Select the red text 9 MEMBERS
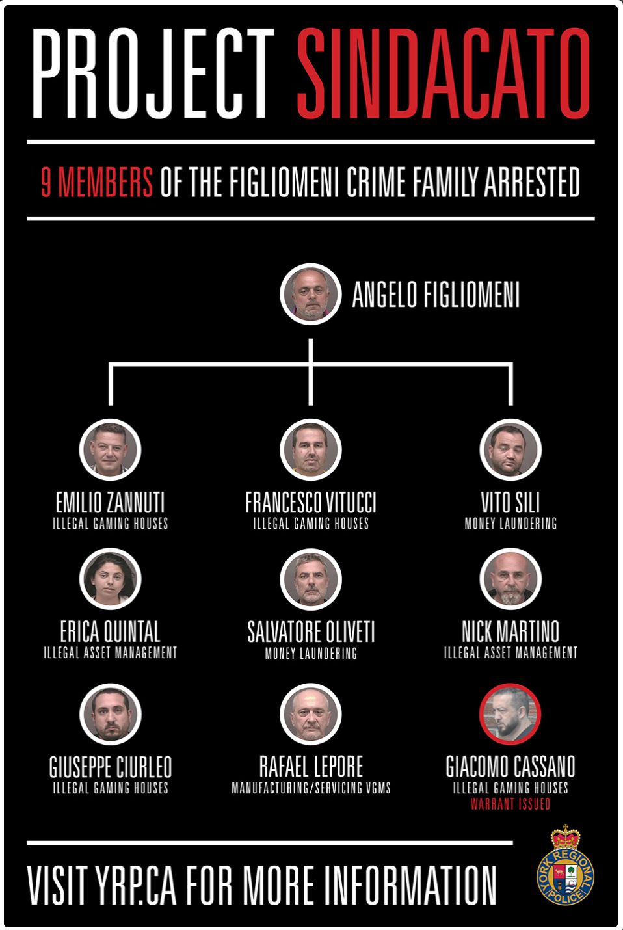point(97,182)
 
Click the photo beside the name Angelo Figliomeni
point(310,294)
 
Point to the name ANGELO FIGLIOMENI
point(436,295)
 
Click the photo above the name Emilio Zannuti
point(111,449)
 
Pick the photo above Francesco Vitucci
point(310,449)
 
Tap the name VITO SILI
point(510,502)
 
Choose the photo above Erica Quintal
point(111,579)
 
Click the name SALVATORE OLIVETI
point(311,632)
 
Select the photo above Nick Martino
point(510,579)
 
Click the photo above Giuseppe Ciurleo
point(111,714)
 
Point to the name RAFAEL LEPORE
point(311,766)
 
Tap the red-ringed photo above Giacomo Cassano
point(510,714)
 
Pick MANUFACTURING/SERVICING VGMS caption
point(311,788)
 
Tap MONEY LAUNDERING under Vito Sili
point(510,524)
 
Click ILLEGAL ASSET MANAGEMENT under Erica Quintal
point(111,653)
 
